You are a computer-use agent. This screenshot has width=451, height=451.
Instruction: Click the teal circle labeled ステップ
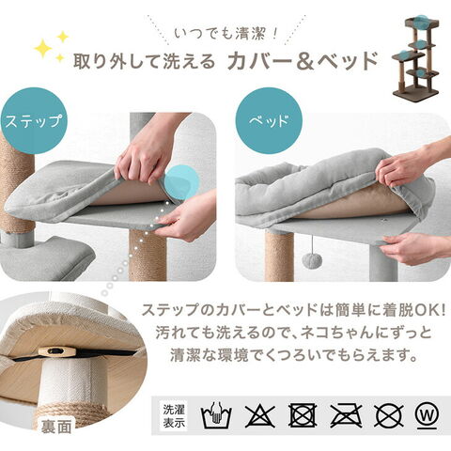[34, 121]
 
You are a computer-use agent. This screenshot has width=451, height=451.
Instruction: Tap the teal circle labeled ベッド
[269, 121]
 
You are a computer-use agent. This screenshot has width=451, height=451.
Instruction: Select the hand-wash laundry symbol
[216, 415]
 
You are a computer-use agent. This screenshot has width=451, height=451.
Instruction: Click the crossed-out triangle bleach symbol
[260, 415]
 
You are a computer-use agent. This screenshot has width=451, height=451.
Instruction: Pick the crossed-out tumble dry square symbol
[303, 415]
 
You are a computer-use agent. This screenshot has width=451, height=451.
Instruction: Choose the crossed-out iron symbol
[346, 415]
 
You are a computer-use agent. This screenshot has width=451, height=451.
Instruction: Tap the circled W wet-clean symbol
[428, 415]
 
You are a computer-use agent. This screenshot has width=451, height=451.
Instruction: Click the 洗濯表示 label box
[174, 416]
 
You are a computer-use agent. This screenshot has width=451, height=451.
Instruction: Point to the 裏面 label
[56, 427]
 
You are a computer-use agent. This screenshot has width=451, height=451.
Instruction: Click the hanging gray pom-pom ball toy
[311, 259]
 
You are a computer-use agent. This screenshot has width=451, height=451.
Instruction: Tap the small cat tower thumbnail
[415, 55]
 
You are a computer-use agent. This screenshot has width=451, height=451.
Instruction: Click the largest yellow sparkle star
[43, 49]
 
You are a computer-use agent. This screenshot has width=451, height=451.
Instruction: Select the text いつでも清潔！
[226, 34]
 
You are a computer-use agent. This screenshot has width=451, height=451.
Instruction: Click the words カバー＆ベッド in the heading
[303, 60]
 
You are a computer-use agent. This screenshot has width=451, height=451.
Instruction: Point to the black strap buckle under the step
[54, 351]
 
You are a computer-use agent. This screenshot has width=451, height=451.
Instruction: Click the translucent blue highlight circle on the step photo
[181, 182]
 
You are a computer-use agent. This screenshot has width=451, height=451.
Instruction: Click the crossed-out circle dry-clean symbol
[389, 415]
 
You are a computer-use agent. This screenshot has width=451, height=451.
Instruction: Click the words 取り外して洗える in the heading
[144, 61]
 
